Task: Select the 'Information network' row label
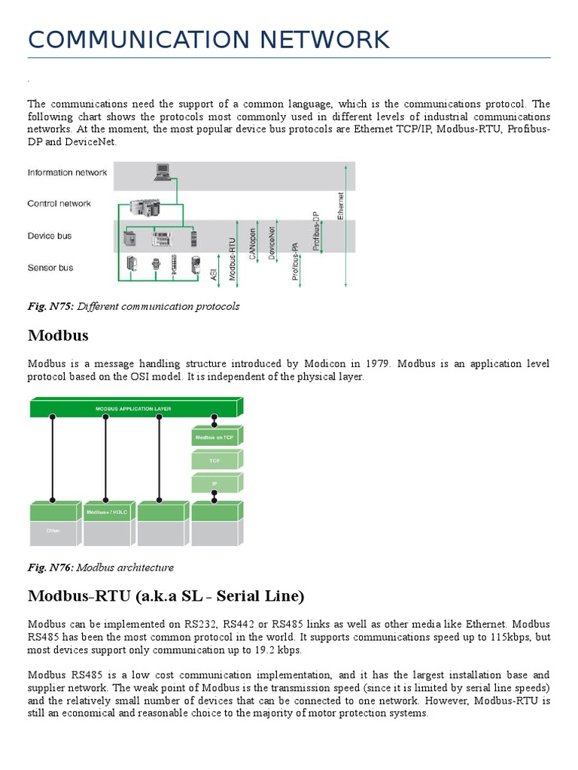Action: [67, 172]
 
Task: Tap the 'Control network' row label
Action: [59, 203]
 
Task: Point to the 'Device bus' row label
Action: [50, 235]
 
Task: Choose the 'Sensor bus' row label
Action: [50, 267]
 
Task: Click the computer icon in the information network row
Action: [163, 172]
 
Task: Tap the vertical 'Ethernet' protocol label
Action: [340, 205]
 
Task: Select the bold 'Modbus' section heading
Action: [59, 335]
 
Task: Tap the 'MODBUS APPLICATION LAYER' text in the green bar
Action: [133, 409]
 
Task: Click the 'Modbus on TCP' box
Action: [214, 437]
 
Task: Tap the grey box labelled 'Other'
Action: [53, 531]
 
